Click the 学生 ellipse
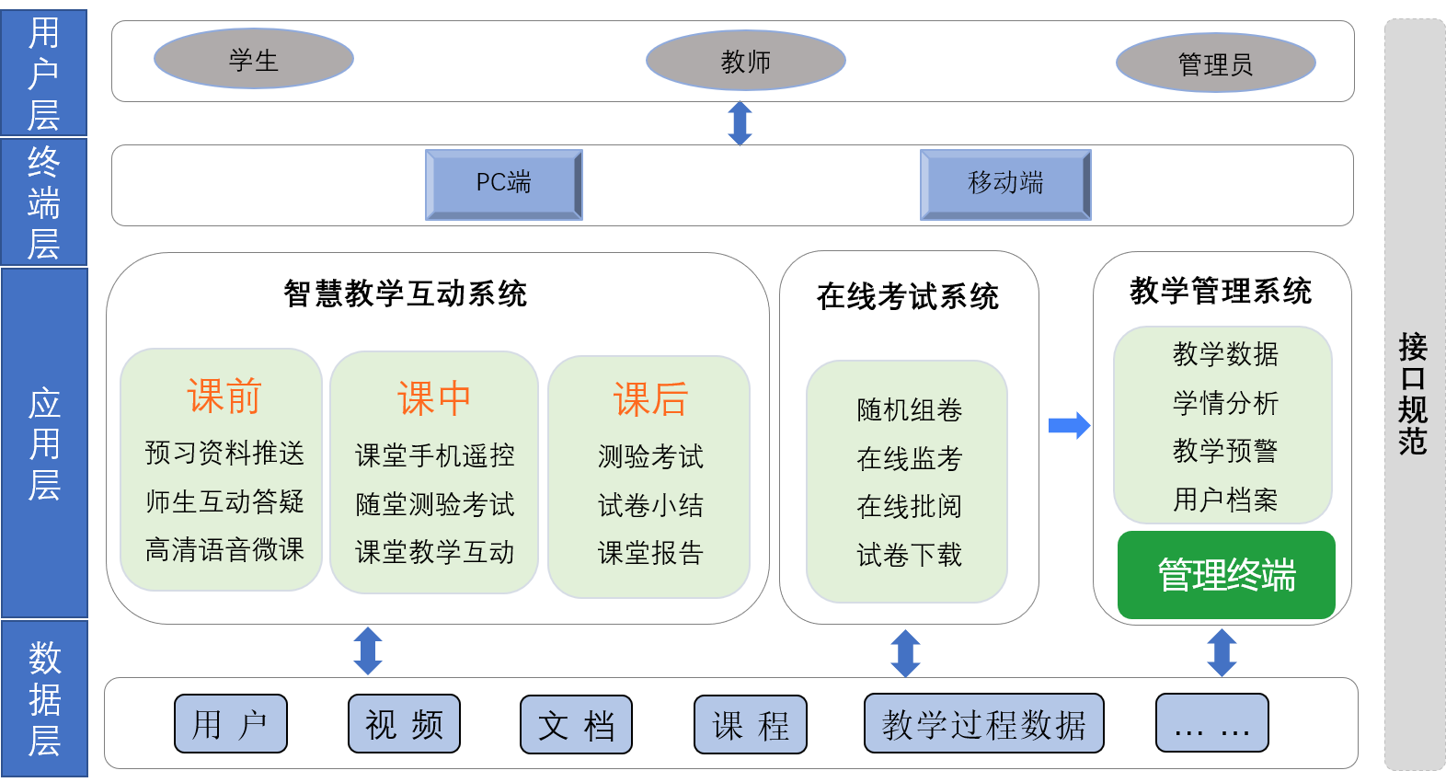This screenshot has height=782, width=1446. coord(254,59)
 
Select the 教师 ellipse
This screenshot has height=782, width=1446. coord(746,61)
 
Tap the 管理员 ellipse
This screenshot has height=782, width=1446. coord(1215,63)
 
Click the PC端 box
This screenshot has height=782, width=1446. coord(504,184)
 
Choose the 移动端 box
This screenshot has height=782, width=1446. coord(1005,184)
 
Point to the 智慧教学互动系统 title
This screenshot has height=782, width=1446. coord(407,293)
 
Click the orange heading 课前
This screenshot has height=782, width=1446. coord(224,397)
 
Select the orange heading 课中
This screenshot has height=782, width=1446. coord(434,398)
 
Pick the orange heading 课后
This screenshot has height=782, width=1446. coord(650,399)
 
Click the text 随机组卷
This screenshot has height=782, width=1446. coord(909,409)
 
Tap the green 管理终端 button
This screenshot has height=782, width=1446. coord(1226,575)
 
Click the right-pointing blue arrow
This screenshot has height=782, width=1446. coord(1069,425)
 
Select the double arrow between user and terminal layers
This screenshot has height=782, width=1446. coord(740,123)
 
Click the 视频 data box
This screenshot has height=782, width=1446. coord(404,724)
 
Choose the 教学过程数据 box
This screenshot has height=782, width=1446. coord(983,724)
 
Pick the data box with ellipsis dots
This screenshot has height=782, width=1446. coord(1211,724)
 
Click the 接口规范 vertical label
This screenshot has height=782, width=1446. coord(1413,394)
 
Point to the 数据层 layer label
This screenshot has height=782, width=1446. coord(44,698)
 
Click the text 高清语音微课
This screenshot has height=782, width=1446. coord(224,550)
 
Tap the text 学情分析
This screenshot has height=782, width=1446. coord(1225,403)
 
